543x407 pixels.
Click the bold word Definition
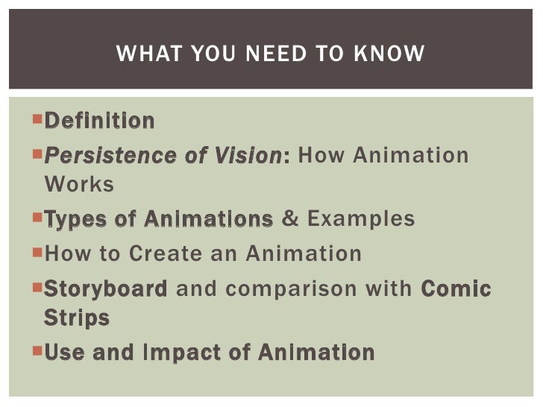pos(100,120)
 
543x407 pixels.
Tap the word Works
pos(79,184)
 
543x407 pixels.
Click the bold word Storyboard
pos(106,289)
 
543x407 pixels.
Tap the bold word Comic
pos(456,289)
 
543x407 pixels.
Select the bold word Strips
pos(77,318)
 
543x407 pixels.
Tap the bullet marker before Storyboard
pos(38,287)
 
